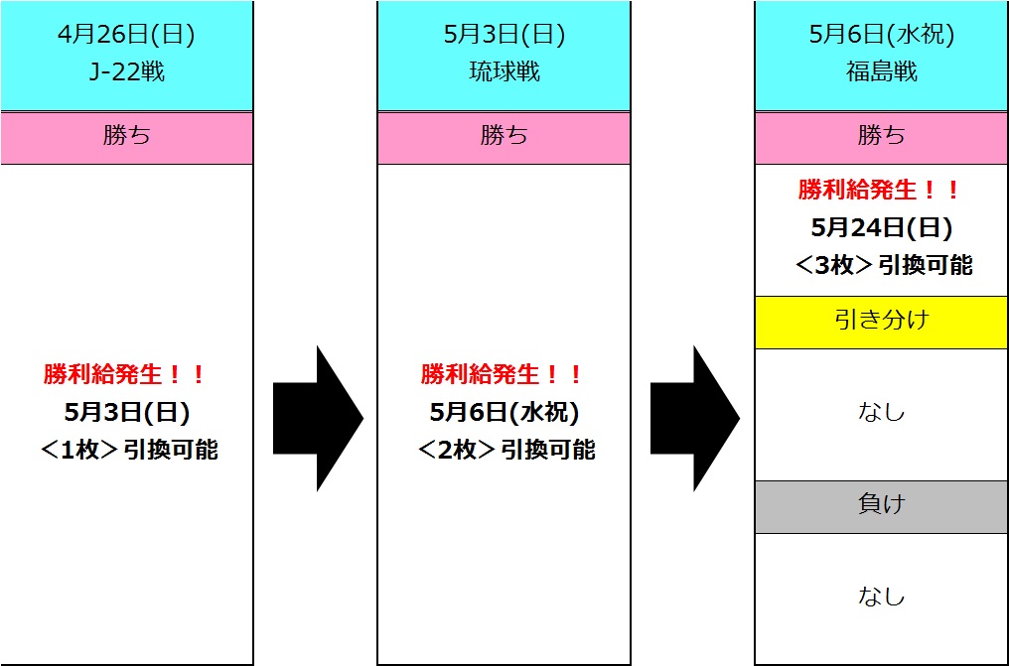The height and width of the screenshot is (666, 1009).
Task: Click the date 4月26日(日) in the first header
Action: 126,36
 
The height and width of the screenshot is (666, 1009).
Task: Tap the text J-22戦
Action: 126,71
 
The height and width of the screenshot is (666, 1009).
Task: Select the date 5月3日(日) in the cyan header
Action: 504,36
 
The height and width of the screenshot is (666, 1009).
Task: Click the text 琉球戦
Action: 504,71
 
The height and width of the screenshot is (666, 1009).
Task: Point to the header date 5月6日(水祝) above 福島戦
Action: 881,36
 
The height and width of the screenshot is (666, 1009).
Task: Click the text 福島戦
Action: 881,71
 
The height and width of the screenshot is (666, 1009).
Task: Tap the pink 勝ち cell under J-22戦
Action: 126,137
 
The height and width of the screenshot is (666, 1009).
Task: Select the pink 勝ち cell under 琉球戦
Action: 504,137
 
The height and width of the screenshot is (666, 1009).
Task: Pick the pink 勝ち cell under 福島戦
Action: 881,137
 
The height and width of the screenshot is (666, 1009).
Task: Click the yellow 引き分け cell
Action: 881,322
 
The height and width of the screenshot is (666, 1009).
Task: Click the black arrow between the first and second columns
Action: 317,418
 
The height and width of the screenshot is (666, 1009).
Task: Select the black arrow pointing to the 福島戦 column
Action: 694,418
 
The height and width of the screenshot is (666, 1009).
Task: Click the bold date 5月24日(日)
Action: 881,227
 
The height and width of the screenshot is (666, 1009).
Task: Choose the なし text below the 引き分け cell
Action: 881,412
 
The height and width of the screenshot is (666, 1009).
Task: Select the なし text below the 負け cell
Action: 881,597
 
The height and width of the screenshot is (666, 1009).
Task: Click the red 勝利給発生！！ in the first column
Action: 126,374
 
